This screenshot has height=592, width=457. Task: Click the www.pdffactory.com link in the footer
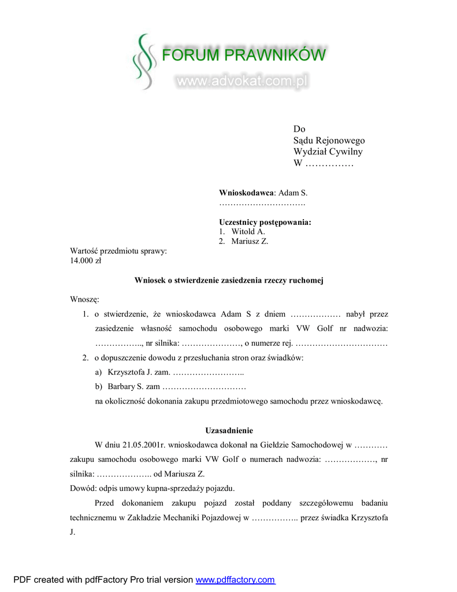(x=235, y=580)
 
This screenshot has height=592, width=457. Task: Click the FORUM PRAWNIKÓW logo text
(x=243, y=55)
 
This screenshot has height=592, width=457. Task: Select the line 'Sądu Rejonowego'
(x=329, y=140)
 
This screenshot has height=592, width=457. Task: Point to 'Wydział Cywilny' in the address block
(x=328, y=152)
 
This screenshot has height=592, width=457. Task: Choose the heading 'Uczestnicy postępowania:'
(x=265, y=222)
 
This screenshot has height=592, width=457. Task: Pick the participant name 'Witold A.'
(x=248, y=232)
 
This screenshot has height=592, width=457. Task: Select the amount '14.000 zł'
(x=86, y=261)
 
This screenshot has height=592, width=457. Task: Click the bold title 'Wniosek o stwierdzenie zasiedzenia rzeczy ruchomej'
(x=229, y=280)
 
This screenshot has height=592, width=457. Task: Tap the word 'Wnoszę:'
(x=85, y=299)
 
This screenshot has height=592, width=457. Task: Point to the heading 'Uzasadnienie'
(x=229, y=431)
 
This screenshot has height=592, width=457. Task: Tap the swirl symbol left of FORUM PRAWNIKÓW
(x=144, y=61)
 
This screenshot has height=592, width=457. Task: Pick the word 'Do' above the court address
(x=299, y=129)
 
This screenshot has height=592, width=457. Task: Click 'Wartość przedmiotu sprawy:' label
(x=118, y=251)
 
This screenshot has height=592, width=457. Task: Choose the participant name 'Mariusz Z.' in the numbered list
(x=250, y=242)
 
